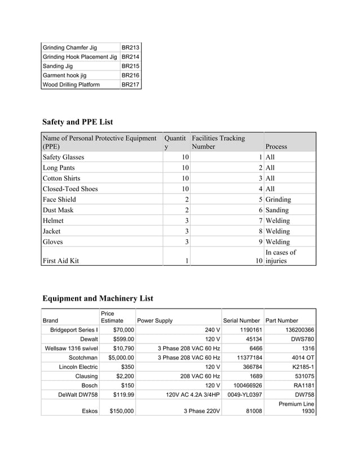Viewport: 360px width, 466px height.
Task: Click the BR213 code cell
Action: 130,47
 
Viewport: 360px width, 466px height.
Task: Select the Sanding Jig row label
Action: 58,66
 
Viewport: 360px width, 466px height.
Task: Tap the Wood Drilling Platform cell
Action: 71,85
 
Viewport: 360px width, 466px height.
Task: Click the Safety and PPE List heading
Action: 77,121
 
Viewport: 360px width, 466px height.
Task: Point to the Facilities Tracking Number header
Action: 218,142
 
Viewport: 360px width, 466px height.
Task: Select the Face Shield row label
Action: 59,200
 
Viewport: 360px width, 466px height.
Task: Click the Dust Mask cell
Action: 58,210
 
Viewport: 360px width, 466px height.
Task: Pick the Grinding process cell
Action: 278,200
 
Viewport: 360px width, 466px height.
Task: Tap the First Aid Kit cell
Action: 61,261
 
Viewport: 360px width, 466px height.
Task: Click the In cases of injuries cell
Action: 280,257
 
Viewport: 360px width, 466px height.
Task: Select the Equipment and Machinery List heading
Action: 98,298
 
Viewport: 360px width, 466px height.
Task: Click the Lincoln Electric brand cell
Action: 78,367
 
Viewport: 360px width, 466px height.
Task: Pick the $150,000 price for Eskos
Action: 121,411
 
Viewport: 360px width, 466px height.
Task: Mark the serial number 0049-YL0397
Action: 244,394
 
